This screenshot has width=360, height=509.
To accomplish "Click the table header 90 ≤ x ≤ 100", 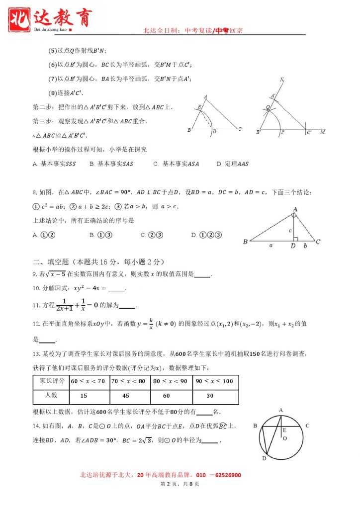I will (214, 381).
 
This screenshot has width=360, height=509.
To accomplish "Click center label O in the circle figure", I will (285, 439).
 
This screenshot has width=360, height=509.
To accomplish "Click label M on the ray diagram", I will (323, 132).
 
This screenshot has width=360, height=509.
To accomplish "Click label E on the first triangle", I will (199, 107).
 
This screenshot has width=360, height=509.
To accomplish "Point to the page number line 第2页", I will (180, 484).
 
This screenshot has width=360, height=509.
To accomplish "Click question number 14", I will (36, 425).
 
